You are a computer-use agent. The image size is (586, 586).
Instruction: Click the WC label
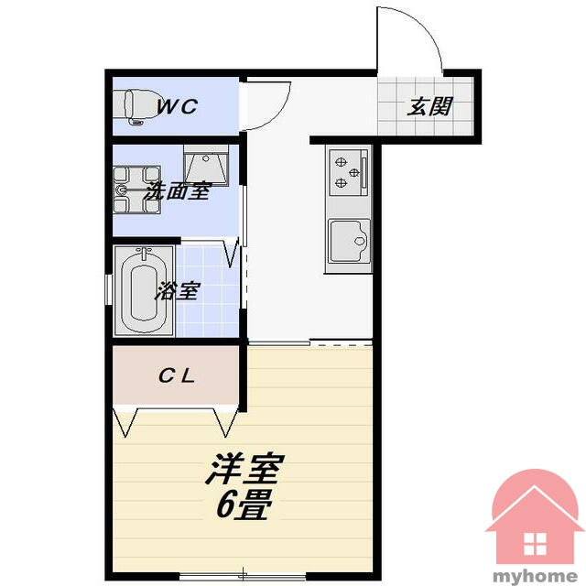click(x=177, y=106)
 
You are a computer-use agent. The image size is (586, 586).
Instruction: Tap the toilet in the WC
click(x=129, y=107)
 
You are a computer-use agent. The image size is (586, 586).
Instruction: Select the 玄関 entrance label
click(x=429, y=106)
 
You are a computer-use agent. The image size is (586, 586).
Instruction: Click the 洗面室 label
click(x=179, y=191)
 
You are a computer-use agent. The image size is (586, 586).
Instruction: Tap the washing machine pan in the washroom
click(x=137, y=190)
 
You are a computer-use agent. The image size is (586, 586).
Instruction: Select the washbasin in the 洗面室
click(x=206, y=166)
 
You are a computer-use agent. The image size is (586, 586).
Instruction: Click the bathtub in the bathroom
click(x=145, y=291)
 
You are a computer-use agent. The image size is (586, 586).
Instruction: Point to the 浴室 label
click(x=179, y=291)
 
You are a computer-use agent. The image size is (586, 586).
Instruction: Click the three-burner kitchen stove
click(x=348, y=172)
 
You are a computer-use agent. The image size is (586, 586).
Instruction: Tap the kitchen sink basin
click(x=349, y=241)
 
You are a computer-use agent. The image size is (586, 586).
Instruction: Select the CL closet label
click(x=177, y=376)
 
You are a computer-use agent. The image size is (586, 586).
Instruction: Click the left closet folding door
click(x=125, y=422)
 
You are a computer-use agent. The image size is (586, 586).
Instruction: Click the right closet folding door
click(x=226, y=422)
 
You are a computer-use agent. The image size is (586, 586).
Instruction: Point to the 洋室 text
click(x=245, y=468)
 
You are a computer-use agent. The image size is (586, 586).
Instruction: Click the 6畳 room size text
click(x=243, y=505)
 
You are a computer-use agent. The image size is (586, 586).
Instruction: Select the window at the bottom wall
click(x=243, y=576)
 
